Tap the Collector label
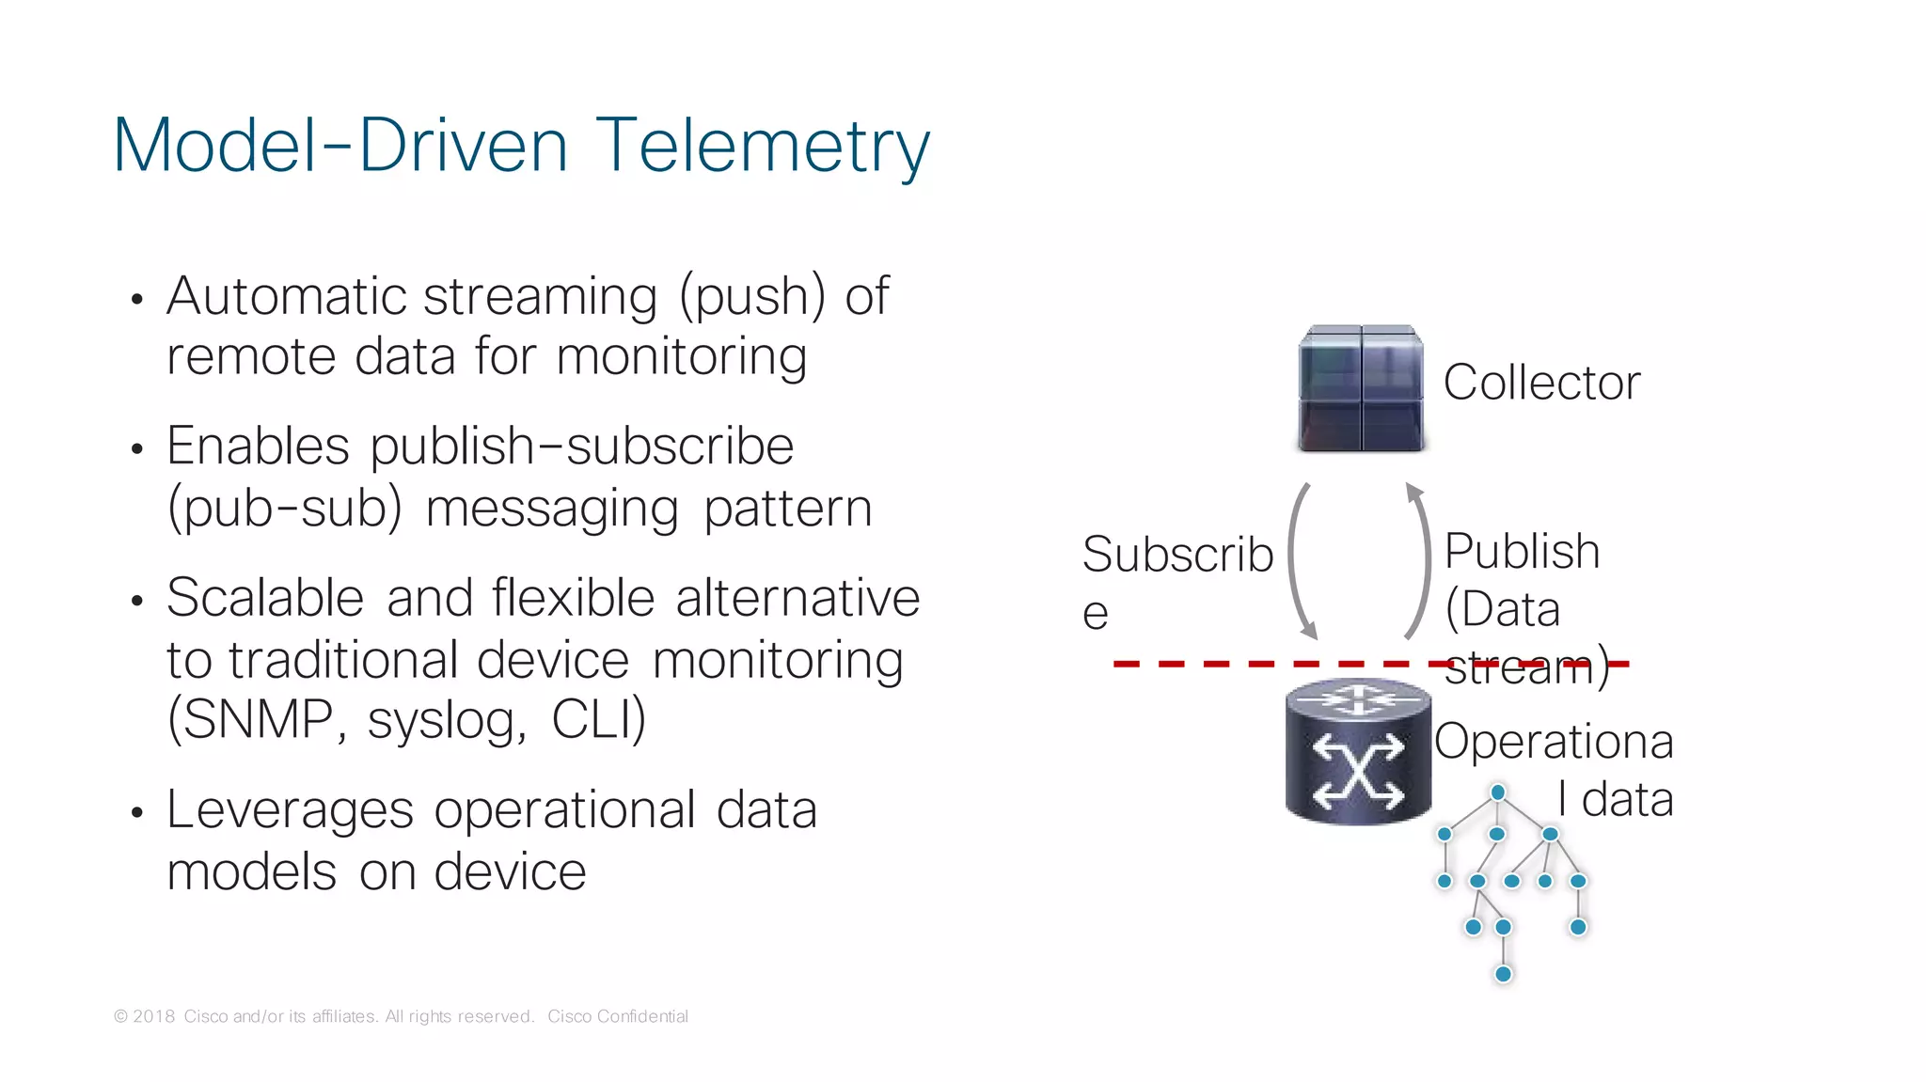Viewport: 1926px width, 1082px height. (1541, 383)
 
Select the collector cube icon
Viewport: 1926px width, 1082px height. (1361, 388)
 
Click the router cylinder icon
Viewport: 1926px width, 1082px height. (1358, 752)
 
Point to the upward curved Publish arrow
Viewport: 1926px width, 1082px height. (1422, 560)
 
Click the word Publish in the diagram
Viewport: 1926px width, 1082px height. (1521, 551)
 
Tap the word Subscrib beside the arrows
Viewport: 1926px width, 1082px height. (1176, 554)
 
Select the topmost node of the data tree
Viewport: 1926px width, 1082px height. (1498, 792)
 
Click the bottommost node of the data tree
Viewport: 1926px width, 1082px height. (1503, 974)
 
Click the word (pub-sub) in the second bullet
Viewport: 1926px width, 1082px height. (284, 509)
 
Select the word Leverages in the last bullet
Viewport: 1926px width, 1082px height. (290, 810)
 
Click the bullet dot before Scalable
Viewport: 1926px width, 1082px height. (137, 601)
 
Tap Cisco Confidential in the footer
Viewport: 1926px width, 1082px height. (617, 1016)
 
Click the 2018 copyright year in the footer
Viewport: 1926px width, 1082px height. (153, 1016)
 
